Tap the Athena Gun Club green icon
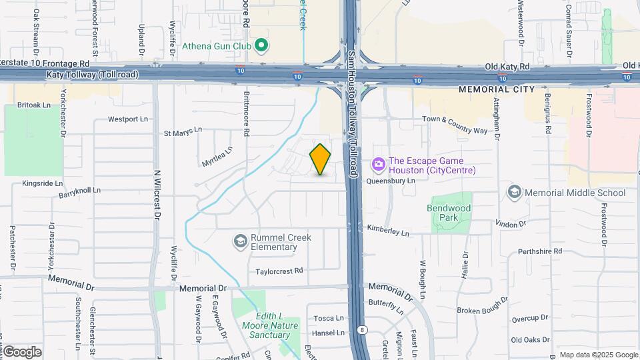[262, 46]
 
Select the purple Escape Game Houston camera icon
[378, 164]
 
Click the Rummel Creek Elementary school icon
[240, 240]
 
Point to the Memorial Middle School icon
[514, 193]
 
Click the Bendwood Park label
[449, 213]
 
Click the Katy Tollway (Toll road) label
[93, 75]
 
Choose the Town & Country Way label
[455, 124]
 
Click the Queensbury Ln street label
[387, 179]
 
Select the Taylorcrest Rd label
[279, 271]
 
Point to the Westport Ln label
[128, 119]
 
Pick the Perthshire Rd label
[540, 251]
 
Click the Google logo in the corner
[21, 351]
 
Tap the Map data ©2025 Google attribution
[598, 355]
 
